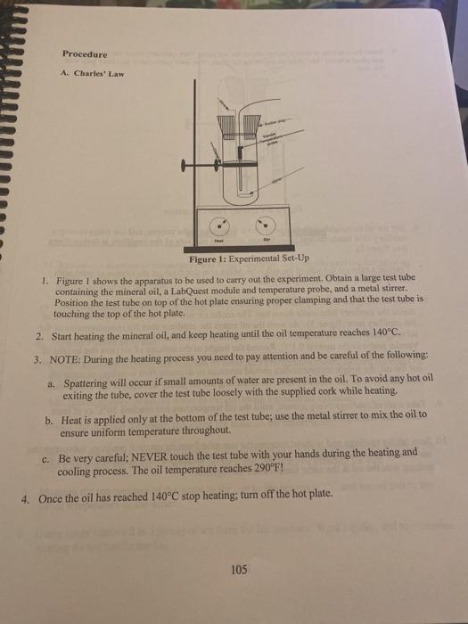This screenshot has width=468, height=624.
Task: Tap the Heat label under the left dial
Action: [219, 241]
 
